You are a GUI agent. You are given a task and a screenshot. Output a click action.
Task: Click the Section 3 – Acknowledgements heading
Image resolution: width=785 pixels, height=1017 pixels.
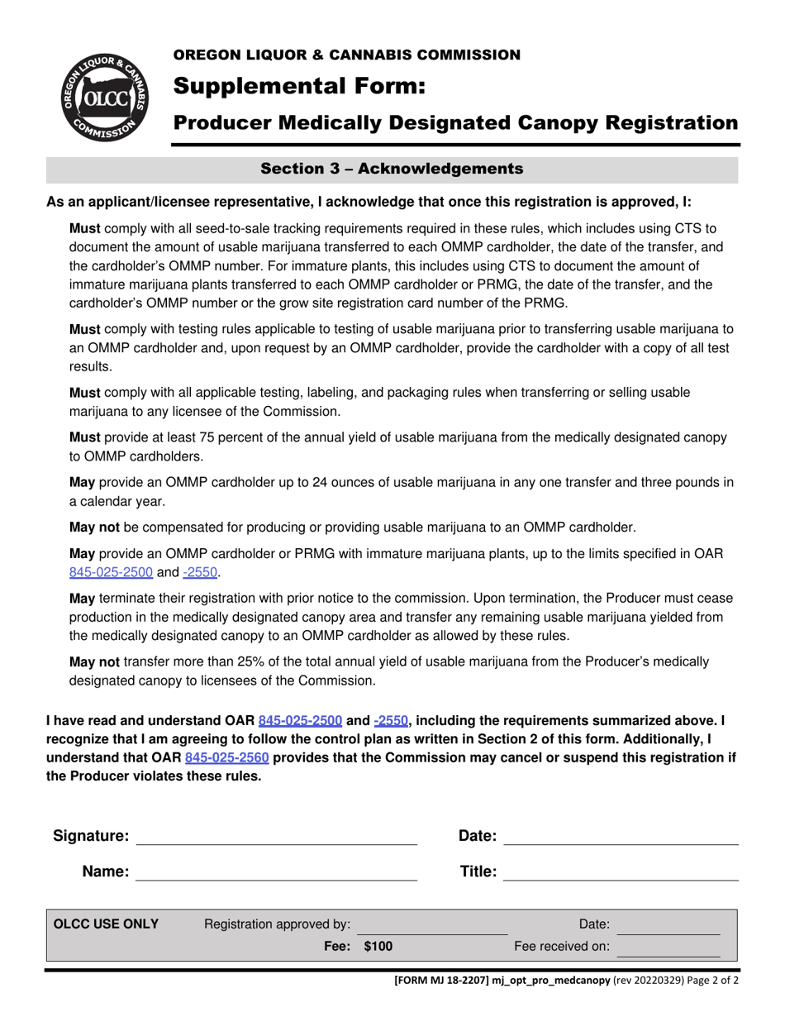pos(392,169)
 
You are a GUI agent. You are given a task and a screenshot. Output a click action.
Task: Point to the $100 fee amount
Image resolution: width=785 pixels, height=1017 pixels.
pos(378,947)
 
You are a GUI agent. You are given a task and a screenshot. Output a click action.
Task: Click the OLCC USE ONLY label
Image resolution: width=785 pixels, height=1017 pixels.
pos(106,924)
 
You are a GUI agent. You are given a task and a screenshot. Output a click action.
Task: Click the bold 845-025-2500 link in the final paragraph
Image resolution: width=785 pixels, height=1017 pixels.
pos(300,720)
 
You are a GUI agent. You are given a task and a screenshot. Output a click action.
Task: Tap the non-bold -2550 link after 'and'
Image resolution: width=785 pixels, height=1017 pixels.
pos(201,572)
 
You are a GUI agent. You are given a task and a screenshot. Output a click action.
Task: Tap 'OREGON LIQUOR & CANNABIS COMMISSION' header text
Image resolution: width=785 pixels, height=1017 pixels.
pos(346,55)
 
